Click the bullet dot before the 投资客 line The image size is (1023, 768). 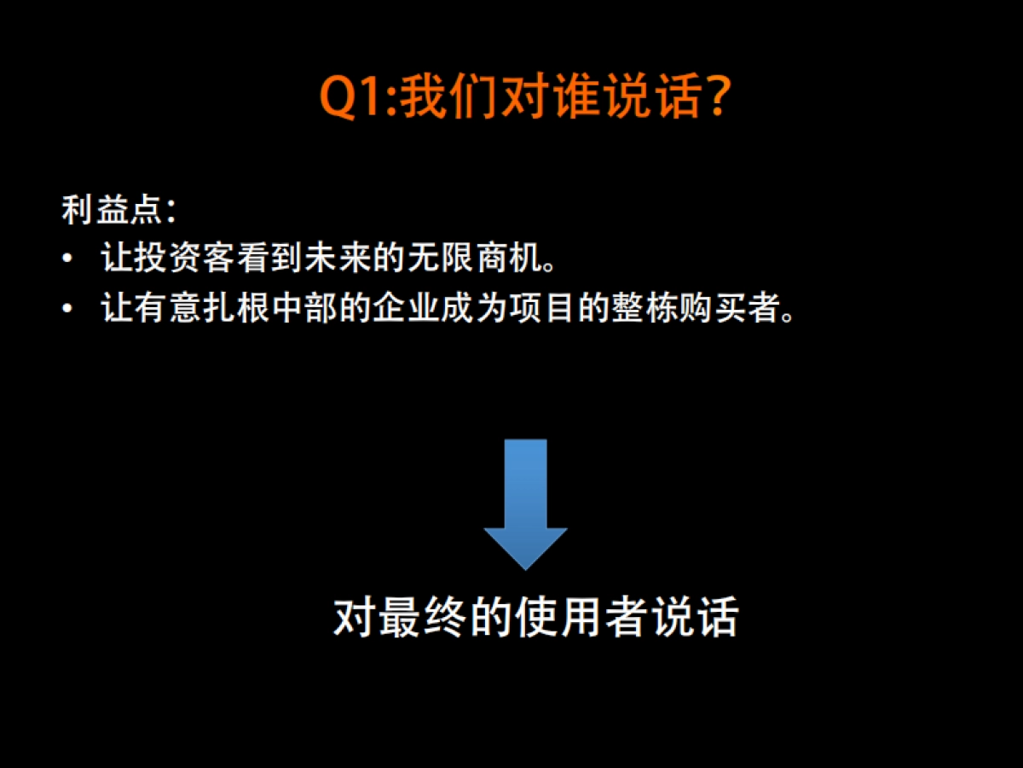tap(67, 259)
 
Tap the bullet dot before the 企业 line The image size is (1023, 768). tap(67, 308)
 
